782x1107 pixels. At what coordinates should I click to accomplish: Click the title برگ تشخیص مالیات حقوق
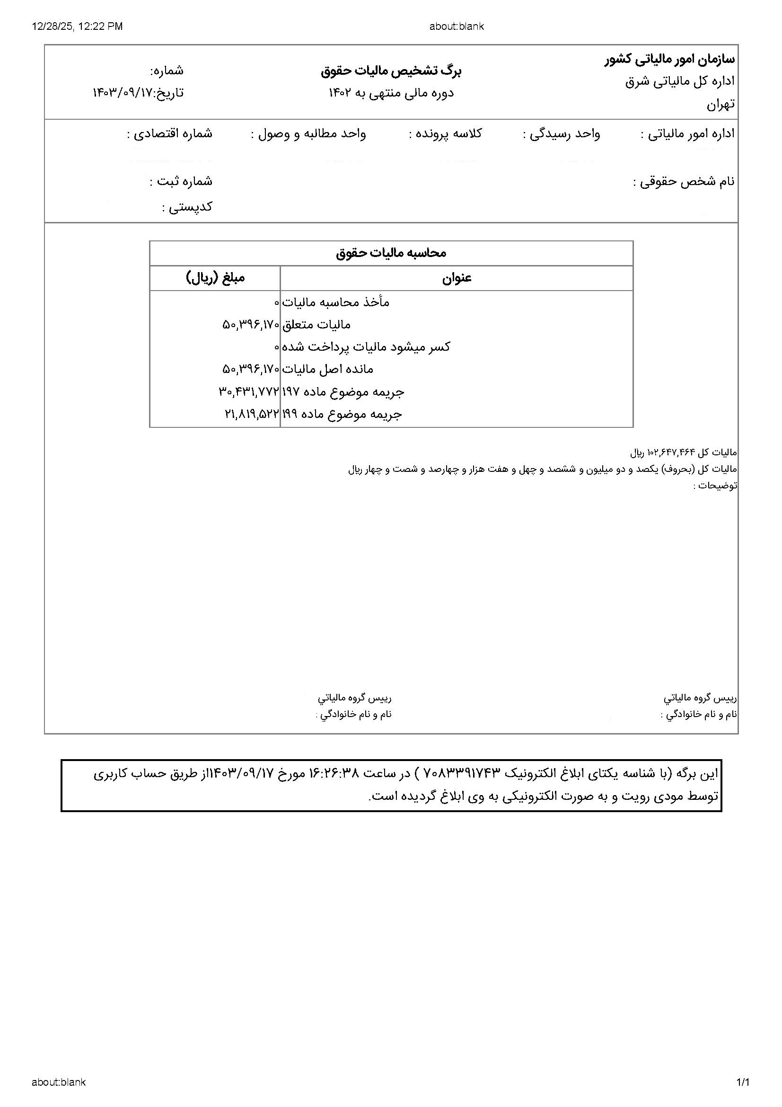pyautogui.click(x=391, y=71)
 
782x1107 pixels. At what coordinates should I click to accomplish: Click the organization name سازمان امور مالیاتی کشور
pyautogui.click(x=670, y=60)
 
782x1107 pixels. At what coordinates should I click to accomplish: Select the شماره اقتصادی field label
pyautogui.click(x=170, y=133)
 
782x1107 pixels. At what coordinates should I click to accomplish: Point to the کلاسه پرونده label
pyautogui.click(x=445, y=133)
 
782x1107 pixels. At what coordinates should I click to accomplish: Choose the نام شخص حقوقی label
pyautogui.click(x=684, y=182)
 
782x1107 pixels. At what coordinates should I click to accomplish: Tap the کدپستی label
pyautogui.click(x=187, y=207)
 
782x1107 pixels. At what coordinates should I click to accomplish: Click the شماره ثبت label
pyautogui.click(x=181, y=181)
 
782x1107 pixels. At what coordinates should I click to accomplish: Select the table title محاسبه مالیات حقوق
pyautogui.click(x=391, y=253)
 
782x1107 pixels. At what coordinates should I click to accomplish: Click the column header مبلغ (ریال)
pyautogui.click(x=215, y=278)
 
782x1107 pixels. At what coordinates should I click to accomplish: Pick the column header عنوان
pyautogui.click(x=457, y=278)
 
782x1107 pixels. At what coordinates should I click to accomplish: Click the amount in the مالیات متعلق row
pyautogui.click(x=251, y=325)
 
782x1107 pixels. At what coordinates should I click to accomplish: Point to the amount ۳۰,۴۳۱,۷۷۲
pyautogui.click(x=249, y=391)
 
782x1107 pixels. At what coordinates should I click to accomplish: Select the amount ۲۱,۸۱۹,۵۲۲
pyautogui.click(x=252, y=414)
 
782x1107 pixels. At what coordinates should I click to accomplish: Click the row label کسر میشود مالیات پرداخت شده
pyautogui.click(x=366, y=346)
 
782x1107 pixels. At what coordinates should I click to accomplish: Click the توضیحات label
pyautogui.click(x=715, y=486)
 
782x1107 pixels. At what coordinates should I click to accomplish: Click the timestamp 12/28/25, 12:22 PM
pyautogui.click(x=78, y=26)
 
